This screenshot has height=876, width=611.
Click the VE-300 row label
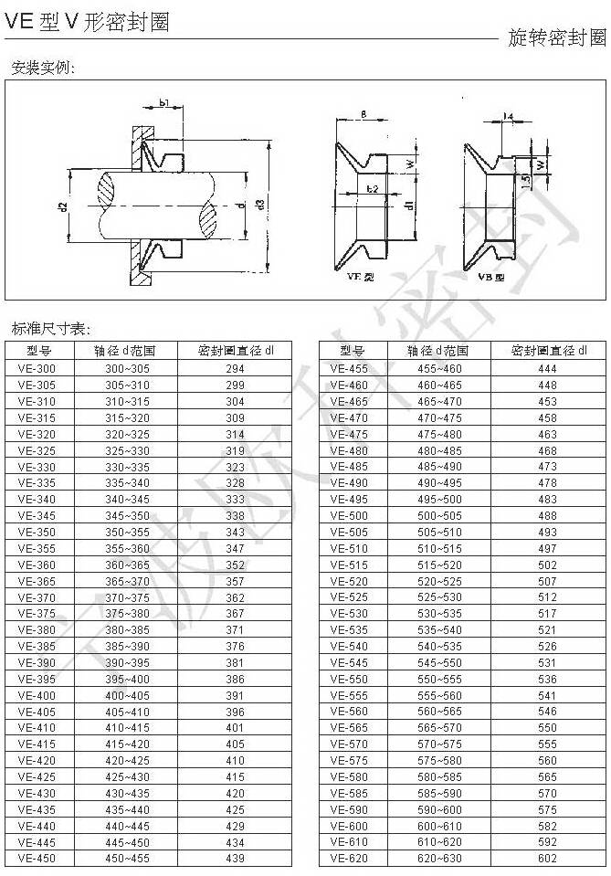pyautogui.click(x=36, y=369)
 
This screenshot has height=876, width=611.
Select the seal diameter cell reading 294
pyautogui.click(x=235, y=369)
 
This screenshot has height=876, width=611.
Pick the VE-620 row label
pyautogui.click(x=349, y=859)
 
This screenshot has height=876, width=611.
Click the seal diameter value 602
pyautogui.click(x=547, y=859)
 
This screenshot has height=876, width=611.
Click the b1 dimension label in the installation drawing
pyautogui.click(x=165, y=103)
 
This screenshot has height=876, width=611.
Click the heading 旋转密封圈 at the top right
pyautogui.click(x=556, y=37)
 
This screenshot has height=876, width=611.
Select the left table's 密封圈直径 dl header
pyautogui.click(x=235, y=351)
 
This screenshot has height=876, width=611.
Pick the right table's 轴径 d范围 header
pyautogui.click(x=438, y=351)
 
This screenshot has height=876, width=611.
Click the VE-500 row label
pyautogui.click(x=349, y=516)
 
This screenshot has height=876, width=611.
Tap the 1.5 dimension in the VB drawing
pyautogui.click(x=525, y=182)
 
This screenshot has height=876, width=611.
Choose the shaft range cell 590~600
pyautogui.click(x=439, y=810)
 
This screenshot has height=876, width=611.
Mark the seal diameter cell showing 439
pyautogui.click(x=235, y=859)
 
